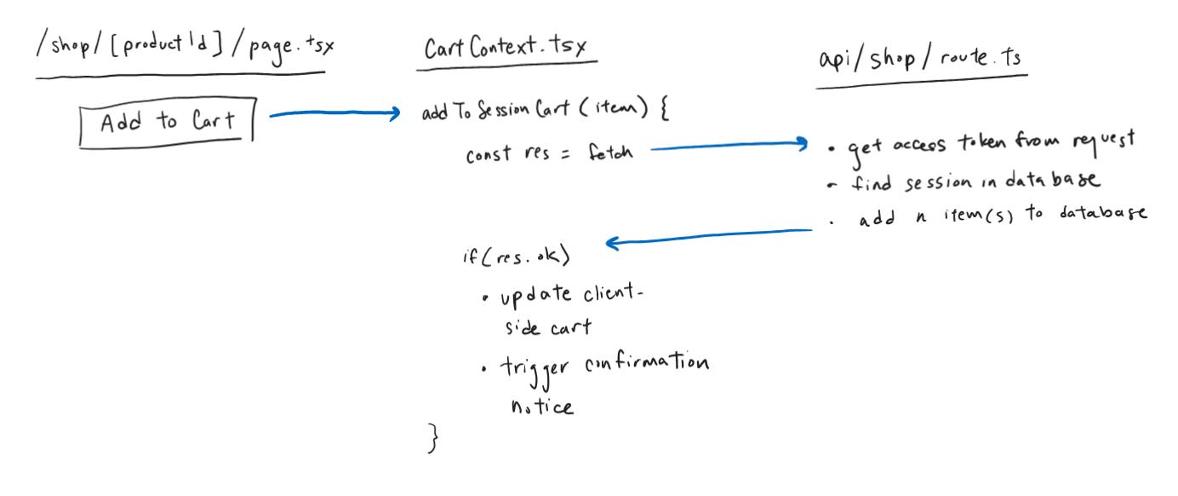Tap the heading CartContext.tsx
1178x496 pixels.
pyautogui.click(x=506, y=47)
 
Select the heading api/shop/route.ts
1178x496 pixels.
pyautogui.click(x=920, y=59)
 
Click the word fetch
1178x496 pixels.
pyautogui.click(x=609, y=154)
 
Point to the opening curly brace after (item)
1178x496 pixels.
pyautogui.click(x=664, y=112)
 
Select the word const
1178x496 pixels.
pyautogui.click(x=488, y=155)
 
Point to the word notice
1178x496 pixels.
pyautogui.click(x=541, y=407)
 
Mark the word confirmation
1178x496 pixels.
pyautogui.click(x=647, y=364)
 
